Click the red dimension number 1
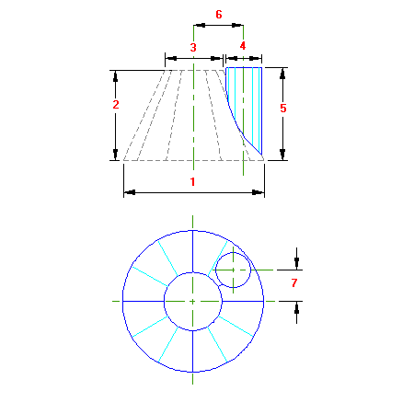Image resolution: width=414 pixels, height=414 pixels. pyautogui.click(x=192, y=182)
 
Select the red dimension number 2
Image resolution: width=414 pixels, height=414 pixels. pyautogui.click(x=116, y=105)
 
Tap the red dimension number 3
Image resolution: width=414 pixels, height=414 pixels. pyautogui.click(x=193, y=48)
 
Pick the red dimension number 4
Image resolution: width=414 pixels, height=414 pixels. pyautogui.click(x=243, y=46)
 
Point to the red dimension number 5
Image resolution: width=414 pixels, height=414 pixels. pyautogui.click(x=283, y=108)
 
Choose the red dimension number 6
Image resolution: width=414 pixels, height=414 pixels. pyautogui.click(x=219, y=15)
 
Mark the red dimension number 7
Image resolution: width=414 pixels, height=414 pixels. pyautogui.click(x=294, y=282)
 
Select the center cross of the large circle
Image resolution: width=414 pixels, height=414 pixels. pyautogui.click(x=192, y=302)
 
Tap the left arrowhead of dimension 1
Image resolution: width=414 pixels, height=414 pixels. pyautogui.click(x=129, y=192)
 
